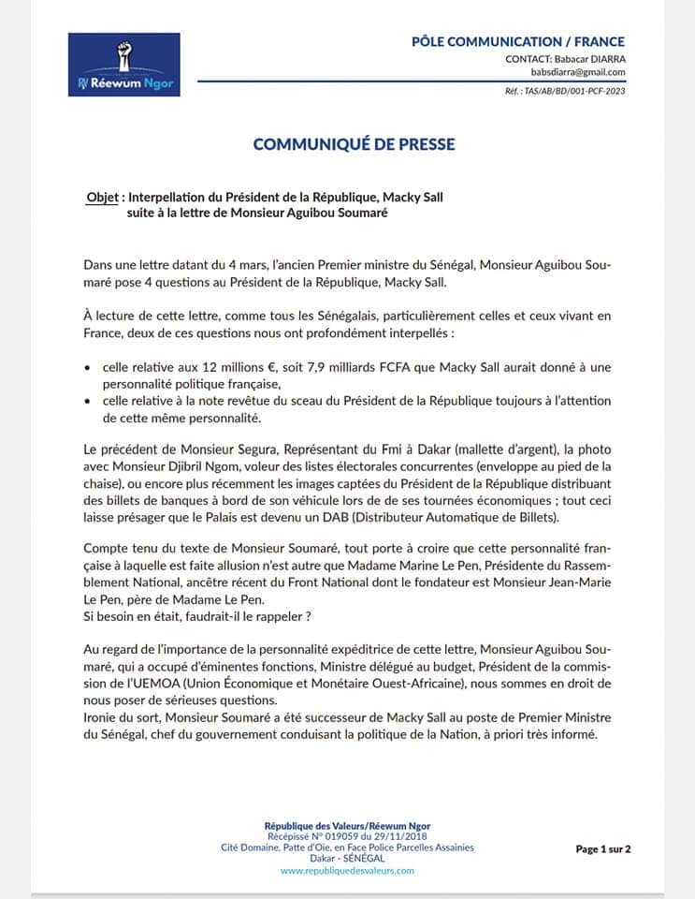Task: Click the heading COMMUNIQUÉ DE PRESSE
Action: coord(355,144)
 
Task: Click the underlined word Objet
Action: coord(102,199)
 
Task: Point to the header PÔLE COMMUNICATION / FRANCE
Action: coord(518,41)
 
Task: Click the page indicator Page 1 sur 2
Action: coord(603,849)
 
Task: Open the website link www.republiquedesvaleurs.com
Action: coord(347,870)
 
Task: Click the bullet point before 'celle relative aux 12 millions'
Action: coord(88,366)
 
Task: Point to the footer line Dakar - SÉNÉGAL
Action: coord(347,858)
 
